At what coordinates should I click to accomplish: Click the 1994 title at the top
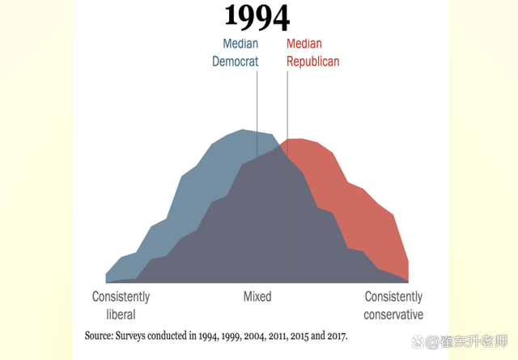[x=257, y=17]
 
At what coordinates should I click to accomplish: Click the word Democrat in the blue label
[x=235, y=61]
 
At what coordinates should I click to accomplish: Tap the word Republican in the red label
[x=313, y=61]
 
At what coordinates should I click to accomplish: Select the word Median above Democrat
[x=240, y=44]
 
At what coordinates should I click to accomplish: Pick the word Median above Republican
[x=304, y=44]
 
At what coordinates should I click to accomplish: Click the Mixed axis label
[x=257, y=297]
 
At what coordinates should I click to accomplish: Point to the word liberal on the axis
[x=121, y=314]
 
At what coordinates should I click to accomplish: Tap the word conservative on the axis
[x=393, y=314]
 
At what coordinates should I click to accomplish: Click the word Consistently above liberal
[x=121, y=297]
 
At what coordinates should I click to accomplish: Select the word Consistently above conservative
[x=393, y=297]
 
